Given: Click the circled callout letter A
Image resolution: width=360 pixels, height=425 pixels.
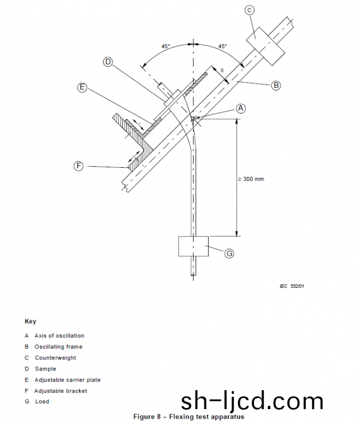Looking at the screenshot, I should tap(241, 108).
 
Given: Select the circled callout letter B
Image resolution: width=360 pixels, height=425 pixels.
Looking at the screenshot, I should tap(276, 85).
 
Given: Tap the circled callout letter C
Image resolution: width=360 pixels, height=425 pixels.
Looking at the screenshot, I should tap(249, 10).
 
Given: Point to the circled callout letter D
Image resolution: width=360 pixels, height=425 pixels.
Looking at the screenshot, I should tap(108, 62).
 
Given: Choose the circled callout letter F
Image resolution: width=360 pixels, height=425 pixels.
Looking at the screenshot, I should tap(78, 166).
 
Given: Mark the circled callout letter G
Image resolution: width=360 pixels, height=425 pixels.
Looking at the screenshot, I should tap(229, 254).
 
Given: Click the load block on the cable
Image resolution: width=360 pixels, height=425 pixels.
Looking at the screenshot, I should tap(194, 246).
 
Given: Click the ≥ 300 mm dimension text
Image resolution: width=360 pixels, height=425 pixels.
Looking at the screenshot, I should tap(250, 179).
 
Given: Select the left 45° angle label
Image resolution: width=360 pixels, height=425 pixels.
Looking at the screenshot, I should tap(166, 47).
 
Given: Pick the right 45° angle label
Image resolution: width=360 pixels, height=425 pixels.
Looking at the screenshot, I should tap(222, 47).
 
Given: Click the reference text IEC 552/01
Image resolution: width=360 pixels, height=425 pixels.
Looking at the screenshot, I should tap(292, 286).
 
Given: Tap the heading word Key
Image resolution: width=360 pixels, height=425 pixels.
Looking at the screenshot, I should tap(30, 321).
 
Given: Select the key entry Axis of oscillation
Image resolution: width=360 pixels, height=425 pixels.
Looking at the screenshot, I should tap(59, 336).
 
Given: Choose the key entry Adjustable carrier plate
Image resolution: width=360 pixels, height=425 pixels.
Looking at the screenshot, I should tap(67, 380).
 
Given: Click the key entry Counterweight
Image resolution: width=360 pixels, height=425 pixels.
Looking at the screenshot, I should tap(55, 358).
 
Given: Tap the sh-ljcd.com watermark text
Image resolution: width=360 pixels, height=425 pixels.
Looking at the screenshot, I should tap(252, 402).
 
